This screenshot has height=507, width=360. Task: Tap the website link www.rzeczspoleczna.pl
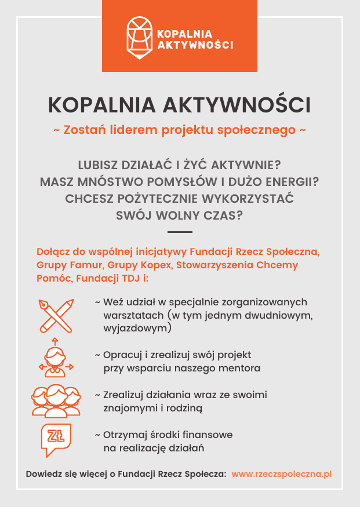point(282,474)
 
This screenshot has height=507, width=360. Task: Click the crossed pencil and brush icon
point(56,316)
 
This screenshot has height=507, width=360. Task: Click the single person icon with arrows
point(55,359)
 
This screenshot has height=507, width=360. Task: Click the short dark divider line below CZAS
point(180,232)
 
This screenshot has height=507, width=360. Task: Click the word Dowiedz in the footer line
point(41,474)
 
